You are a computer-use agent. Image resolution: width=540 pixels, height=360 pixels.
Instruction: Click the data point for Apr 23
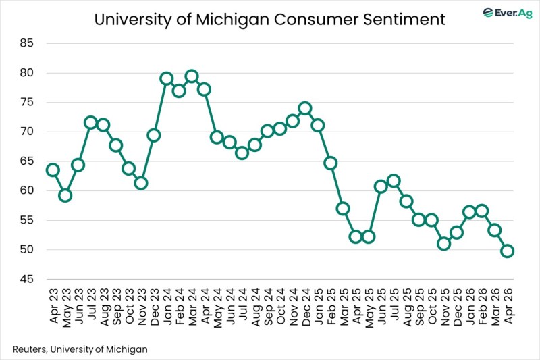coord(53,170)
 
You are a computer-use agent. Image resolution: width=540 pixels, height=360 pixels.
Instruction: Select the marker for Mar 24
coord(192,76)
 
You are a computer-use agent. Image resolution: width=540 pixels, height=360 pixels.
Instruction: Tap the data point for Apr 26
coord(507,251)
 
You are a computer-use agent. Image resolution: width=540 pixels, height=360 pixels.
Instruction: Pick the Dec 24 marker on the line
coord(305,108)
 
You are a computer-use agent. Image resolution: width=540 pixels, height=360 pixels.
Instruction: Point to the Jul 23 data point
coord(90,122)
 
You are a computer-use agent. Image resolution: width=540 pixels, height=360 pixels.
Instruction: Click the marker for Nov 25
coord(444,243)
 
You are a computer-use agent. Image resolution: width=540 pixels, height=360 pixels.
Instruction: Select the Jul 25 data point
coord(394,180)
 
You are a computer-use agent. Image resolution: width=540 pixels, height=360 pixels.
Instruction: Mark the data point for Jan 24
coord(166,78)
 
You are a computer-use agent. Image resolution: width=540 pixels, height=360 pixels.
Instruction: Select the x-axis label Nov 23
coord(141,308)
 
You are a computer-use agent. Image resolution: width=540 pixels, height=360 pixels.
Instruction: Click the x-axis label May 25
coord(369,308)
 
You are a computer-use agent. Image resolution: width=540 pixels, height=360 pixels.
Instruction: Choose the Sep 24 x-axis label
coord(267,308)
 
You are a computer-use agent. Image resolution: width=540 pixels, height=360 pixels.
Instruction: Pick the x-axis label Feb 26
coord(482,308)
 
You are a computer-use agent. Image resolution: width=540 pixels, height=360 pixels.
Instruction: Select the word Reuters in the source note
coord(30,349)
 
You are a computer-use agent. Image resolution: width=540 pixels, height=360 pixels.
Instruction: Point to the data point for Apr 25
coord(356,236)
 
